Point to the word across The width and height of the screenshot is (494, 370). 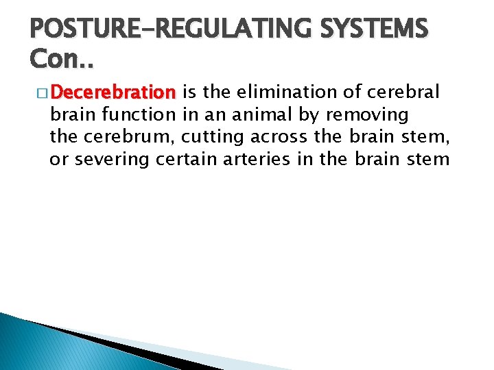click(281, 137)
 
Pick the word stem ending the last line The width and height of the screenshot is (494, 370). click(431, 160)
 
